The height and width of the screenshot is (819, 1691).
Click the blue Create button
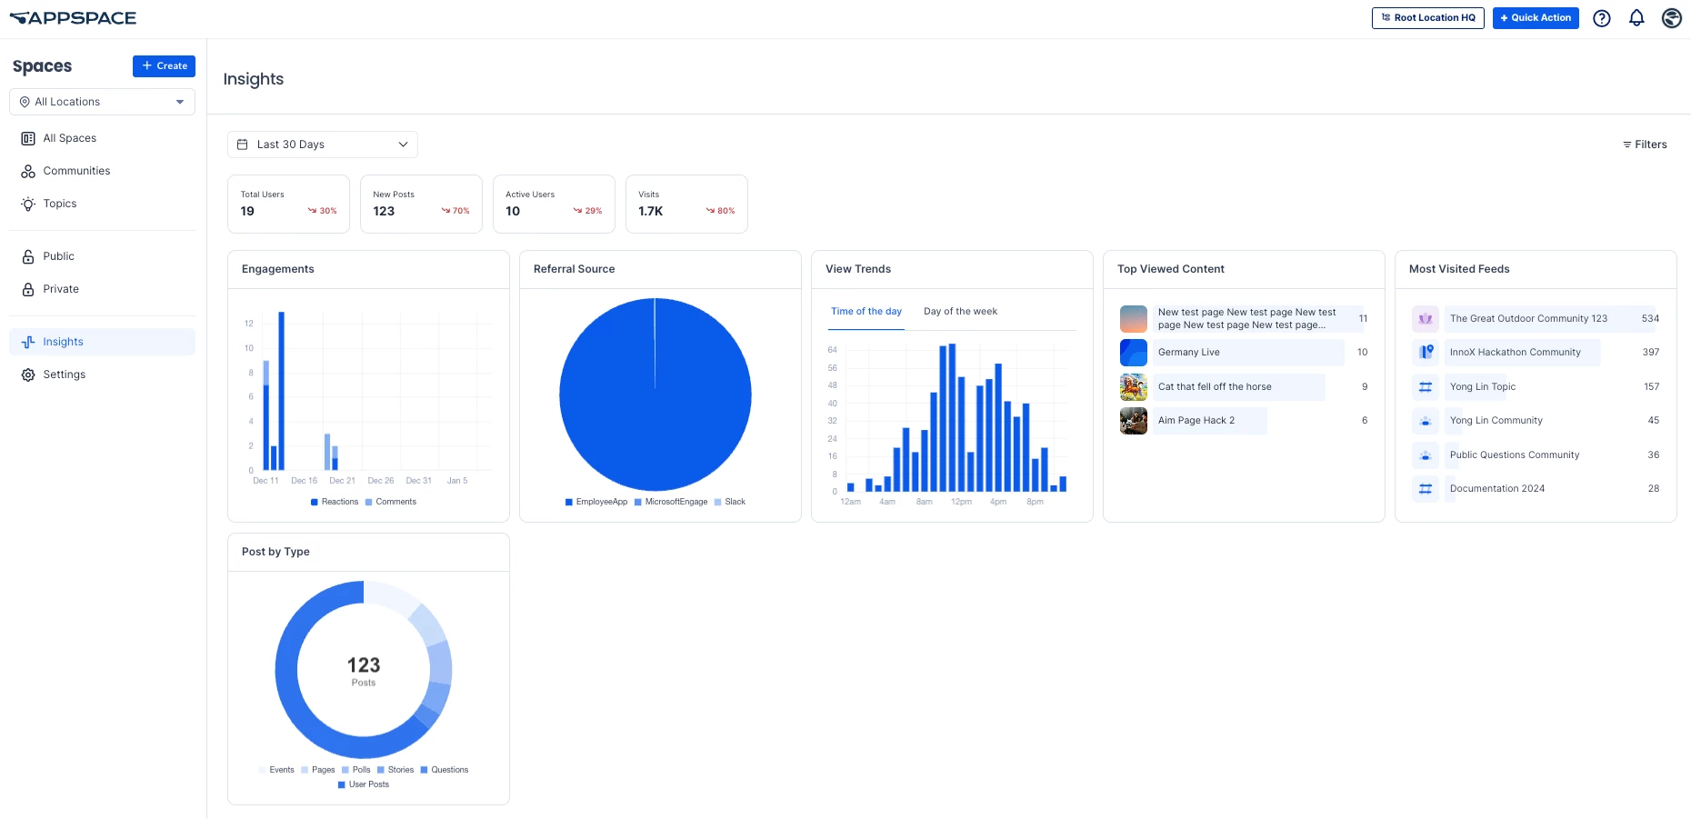pyautogui.click(x=164, y=66)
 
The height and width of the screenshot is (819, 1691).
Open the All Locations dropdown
pyautogui.click(x=102, y=102)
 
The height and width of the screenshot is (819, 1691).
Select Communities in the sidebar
pyautogui.click(x=76, y=171)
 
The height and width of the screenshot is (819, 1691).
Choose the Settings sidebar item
pyautogui.click(x=64, y=375)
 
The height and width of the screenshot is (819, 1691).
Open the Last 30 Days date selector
pyautogui.click(x=322, y=145)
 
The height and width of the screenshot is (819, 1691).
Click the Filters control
pyautogui.click(x=1645, y=145)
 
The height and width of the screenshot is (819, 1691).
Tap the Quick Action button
pyautogui.click(x=1535, y=18)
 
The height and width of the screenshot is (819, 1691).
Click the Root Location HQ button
pyautogui.click(x=1427, y=18)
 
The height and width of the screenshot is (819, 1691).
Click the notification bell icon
pyautogui.click(x=1636, y=18)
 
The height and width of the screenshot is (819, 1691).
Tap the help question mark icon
pyautogui.click(x=1602, y=18)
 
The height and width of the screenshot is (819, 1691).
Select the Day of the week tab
pyautogui.click(x=960, y=312)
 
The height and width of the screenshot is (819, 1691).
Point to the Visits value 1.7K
pyautogui.click(x=651, y=211)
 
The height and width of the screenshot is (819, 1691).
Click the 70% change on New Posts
pyautogui.click(x=456, y=211)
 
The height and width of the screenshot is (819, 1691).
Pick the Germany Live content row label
pyautogui.click(x=1189, y=353)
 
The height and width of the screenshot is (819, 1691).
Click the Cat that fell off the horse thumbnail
pyautogui.click(x=1134, y=387)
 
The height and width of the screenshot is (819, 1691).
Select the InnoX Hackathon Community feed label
pyautogui.click(x=1515, y=353)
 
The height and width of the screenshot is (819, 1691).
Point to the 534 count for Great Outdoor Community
pyautogui.click(x=1650, y=319)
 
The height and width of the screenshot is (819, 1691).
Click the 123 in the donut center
pyautogui.click(x=364, y=665)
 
